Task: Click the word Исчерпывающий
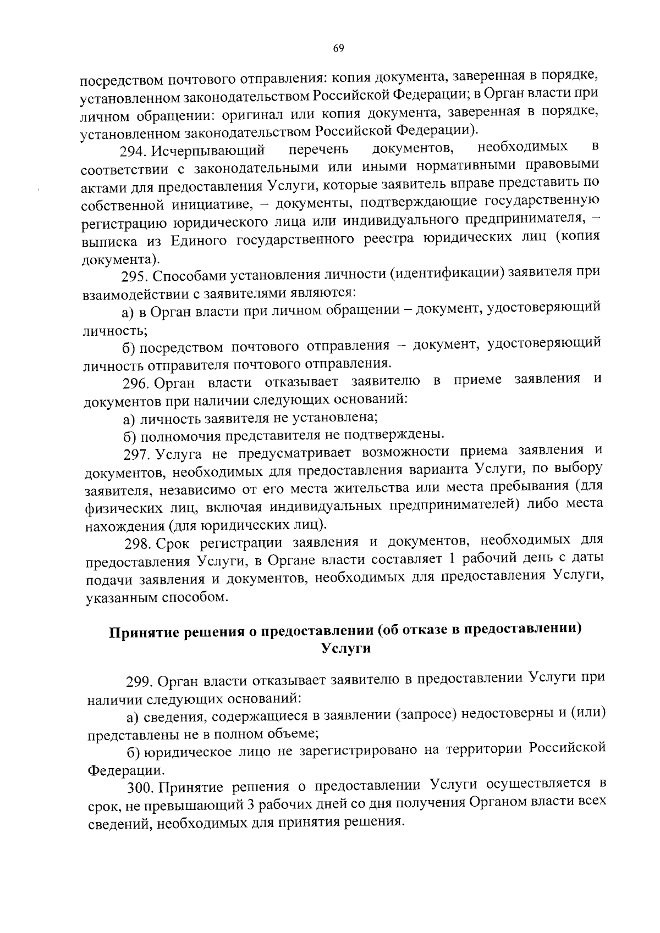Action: coord(208,150)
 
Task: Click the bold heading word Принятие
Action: coord(146,632)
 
